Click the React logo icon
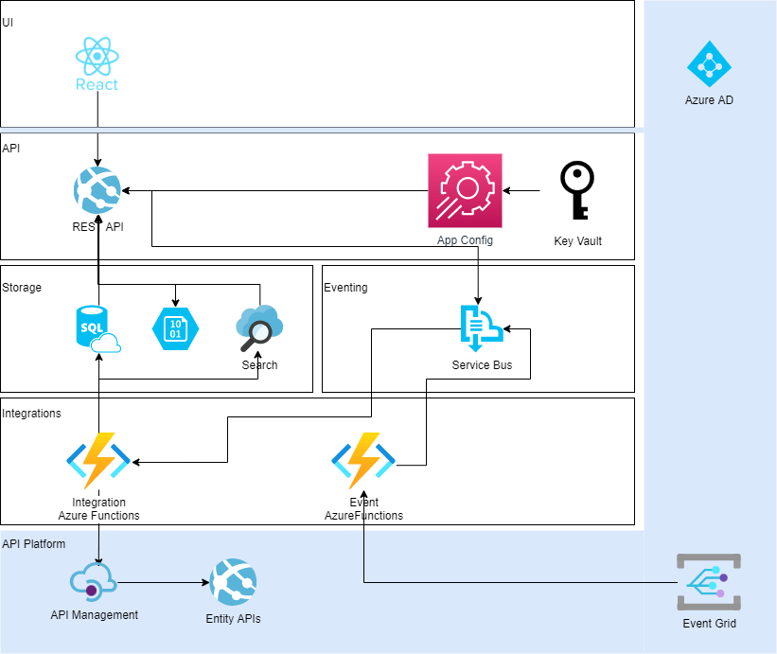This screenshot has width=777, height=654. (x=97, y=59)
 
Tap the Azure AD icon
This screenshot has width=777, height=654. (x=709, y=63)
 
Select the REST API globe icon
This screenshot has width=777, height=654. (x=97, y=190)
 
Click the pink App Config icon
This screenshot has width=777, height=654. (x=465, y=190)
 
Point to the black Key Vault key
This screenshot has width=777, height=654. (x=576, y=190)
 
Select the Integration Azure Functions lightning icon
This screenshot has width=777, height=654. (x=98, y=461)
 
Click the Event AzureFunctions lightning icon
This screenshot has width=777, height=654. (x=363, y=461)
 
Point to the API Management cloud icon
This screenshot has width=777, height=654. (x=94, y=581)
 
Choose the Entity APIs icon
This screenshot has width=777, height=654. (x=233, y=582)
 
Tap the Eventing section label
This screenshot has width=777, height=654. (x=345, y=288)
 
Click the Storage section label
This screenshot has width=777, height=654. (x=22, y=288)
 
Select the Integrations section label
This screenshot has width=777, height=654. (x=31, y=414)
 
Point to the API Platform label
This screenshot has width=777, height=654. (x=34, y=544)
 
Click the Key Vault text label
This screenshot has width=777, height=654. (x=577, y=241)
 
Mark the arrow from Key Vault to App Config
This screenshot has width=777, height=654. (x=521, y=190)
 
